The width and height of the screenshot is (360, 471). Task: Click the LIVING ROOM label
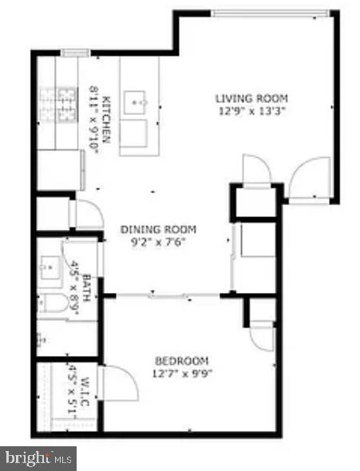(x=251, y=98)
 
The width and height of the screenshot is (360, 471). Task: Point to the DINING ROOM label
(x=158, y=229)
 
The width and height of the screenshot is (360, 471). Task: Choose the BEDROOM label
(x=182, y=360)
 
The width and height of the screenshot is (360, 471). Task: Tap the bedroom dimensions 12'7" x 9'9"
(x=182, y=372)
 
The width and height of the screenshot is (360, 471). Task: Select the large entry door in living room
(x=310, y=178)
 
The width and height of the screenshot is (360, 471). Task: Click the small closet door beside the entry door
(x=256, y=168)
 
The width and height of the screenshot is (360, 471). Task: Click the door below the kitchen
(x=86, y=214)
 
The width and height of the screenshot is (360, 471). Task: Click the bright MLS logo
(x=38, y=458)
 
